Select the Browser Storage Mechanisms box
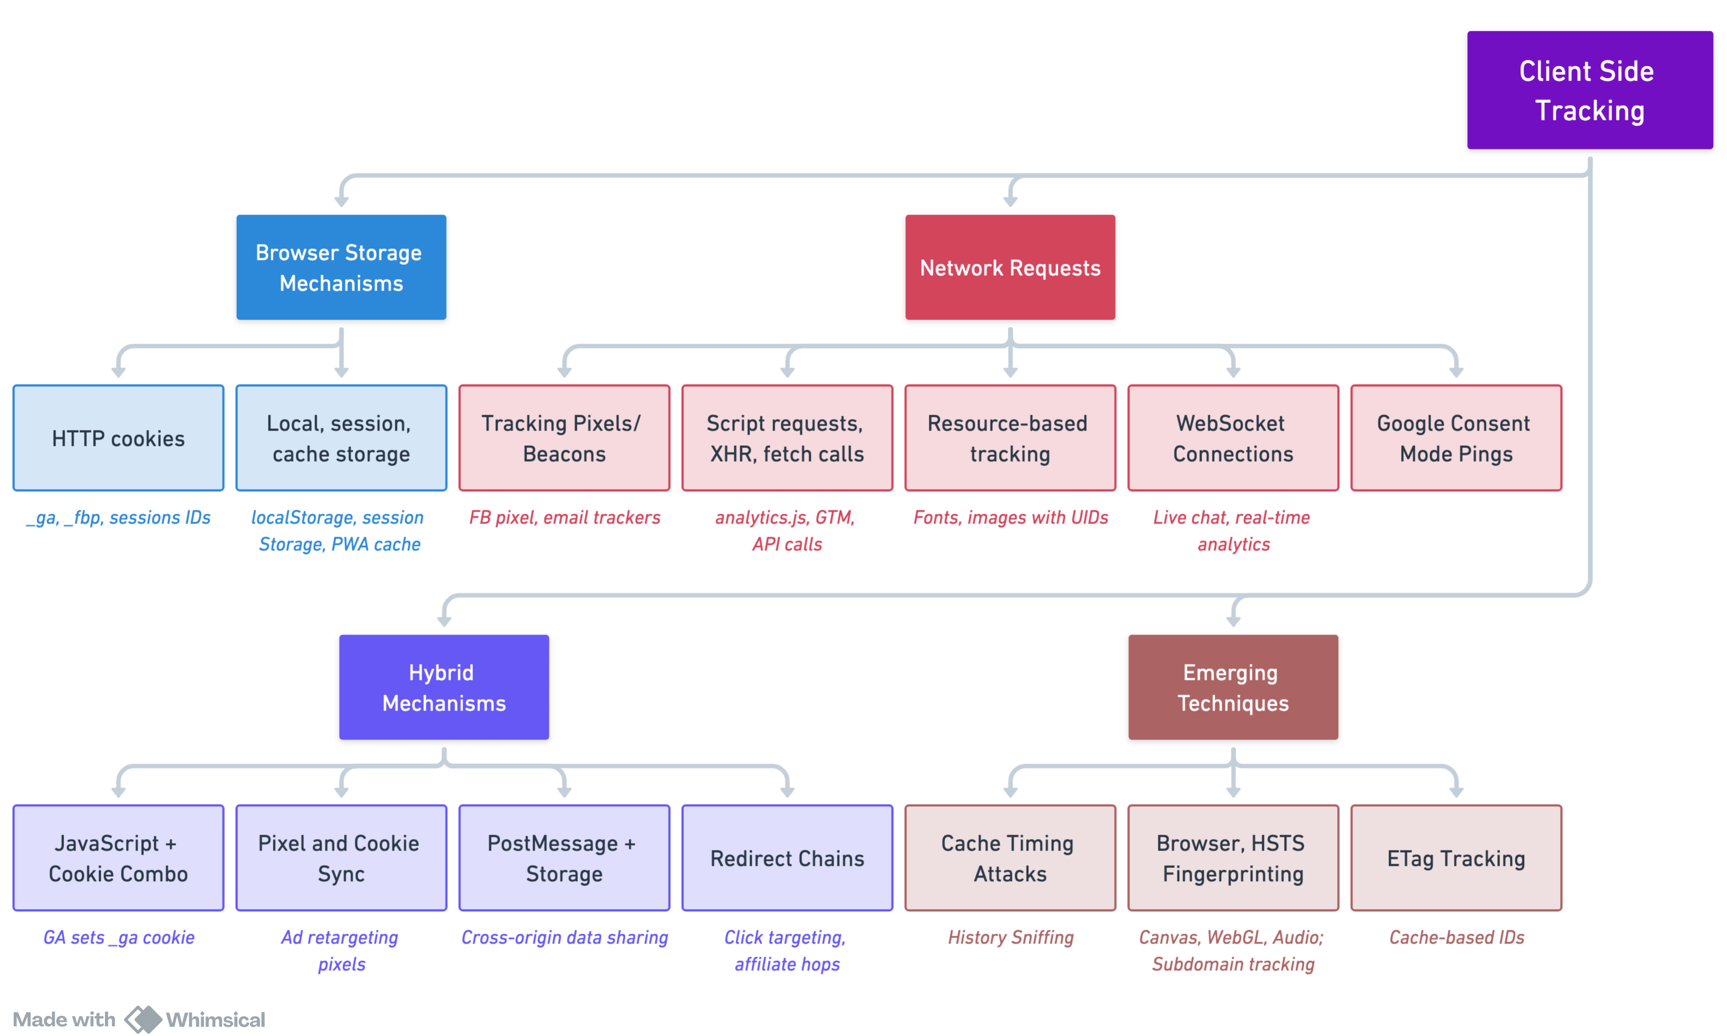(x=341, y=267)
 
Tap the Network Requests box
(x=1010, y=267)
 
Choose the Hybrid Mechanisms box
(x=444, y=687)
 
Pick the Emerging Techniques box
(x=1233, y=687)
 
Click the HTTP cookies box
(x=119, y=438)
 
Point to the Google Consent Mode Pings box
(x=1456, y=438)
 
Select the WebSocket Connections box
(x=1233, y=438)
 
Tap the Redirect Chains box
(x=787, y=858)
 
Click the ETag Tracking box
(x=1456, y=858)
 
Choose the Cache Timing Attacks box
(x=1010, y=858)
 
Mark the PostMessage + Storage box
(x=565, y=858)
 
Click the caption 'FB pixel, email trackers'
(x=565, y=517)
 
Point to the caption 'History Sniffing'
(x=1010, y=938)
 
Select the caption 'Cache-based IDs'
(x=1456, y=938)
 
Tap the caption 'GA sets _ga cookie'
(x=119, y=938)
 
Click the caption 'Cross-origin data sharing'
(x=565, y=938)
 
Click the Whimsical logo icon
(x=143, y=1019)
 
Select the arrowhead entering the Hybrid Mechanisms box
(x=444, y=621)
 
